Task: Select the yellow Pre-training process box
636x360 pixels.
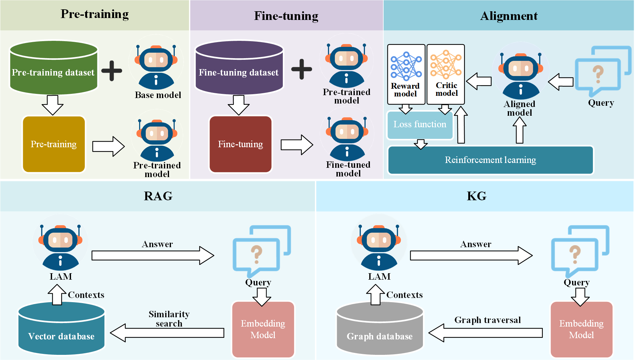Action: pyautogui.click(x=54, y=144)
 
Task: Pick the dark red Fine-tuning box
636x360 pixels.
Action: pyautogui.click(x=240, y=144)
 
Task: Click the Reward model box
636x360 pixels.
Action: pyautogui.click(x=406, y=74)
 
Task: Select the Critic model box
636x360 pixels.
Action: pyautogui.click(x=446, y=74)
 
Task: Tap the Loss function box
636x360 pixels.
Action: pyautogui.click(x=420, y=125)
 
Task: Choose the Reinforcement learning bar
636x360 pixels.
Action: pyautogui.click(x=490, y=160)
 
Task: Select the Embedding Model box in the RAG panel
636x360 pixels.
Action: pyautogui.click(x=263, y=329)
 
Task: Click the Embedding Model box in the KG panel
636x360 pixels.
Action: pyautogui.click(x=581, y=329)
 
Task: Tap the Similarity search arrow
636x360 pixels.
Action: pyautogui.click(x=167, y=333)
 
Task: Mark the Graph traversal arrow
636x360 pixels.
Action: pyautogui.click(x=485, y=333)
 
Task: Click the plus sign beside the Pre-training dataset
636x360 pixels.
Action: pyautogui.click(x=112, y=70)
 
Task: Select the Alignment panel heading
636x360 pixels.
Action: pyautogui.click(x=508, y=16)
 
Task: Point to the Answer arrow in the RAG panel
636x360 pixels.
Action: pyautogui.click(x=153, y=256)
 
